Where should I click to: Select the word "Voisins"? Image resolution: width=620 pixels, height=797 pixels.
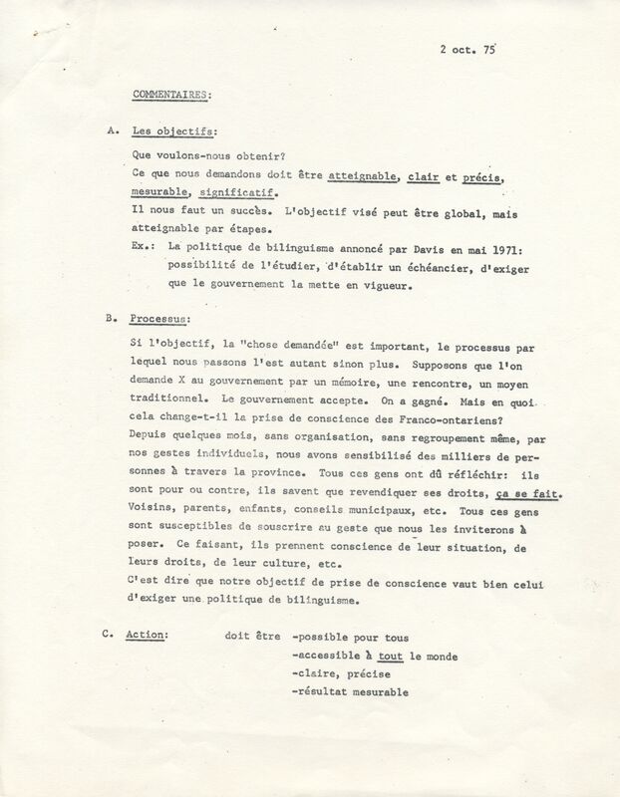click(155, 510)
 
